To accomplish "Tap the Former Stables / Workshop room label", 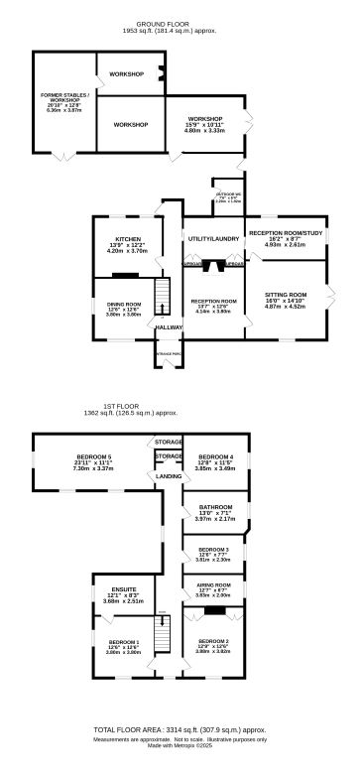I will click(x=64, y=97).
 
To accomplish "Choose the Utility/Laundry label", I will click(x=212, y=240).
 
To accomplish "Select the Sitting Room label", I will click(x=291, y=295).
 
